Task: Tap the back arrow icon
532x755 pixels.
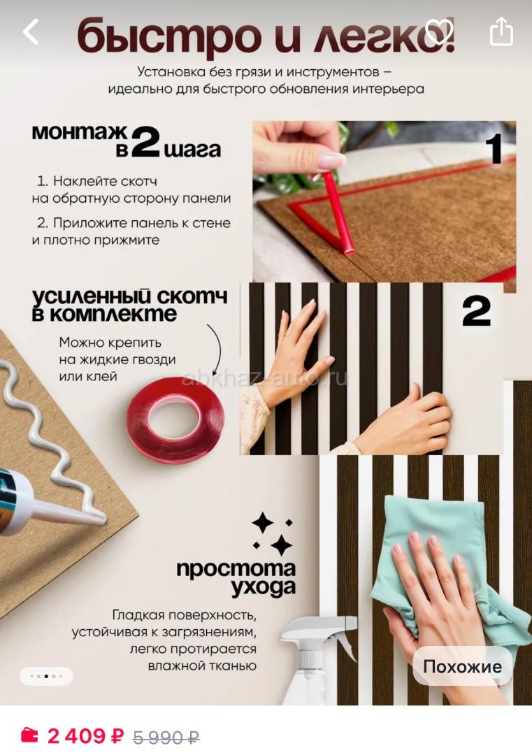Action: [30, 31]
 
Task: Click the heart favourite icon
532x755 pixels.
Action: [438, 31]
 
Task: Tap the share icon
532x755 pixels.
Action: [501, 31]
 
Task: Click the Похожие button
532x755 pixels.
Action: [462, 666]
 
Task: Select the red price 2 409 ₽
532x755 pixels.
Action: [85, 735]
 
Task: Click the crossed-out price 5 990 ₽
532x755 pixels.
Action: [166, 737]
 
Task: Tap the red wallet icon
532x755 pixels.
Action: [29, 735]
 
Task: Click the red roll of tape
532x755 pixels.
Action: [175, 419]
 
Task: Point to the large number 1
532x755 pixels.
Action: [494, 149]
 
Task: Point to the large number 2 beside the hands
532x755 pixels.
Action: [476, 310]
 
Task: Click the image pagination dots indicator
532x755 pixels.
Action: [45, 676]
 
